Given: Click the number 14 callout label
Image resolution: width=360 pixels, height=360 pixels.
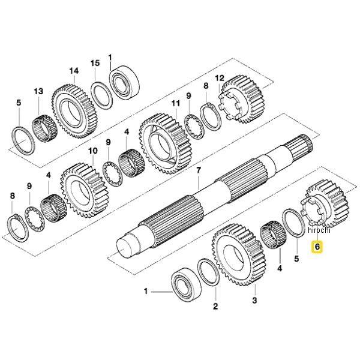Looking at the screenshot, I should coord(74,71).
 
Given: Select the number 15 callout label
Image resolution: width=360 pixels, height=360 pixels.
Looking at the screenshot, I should coord(95,63).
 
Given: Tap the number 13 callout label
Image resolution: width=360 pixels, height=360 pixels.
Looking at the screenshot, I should coord(39,91).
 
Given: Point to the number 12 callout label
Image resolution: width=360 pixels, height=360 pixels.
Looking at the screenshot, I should coord(220,78).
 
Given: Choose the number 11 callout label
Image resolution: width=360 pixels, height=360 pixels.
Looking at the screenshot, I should coord(175,103).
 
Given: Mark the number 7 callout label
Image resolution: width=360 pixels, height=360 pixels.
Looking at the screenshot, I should coord(199,170).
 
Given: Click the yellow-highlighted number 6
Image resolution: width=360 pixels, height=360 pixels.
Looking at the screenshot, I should coord(316,246).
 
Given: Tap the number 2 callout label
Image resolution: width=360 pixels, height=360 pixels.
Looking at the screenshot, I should coord(215,306).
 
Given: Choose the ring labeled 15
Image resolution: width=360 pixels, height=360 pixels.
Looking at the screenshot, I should coord(101,93).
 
